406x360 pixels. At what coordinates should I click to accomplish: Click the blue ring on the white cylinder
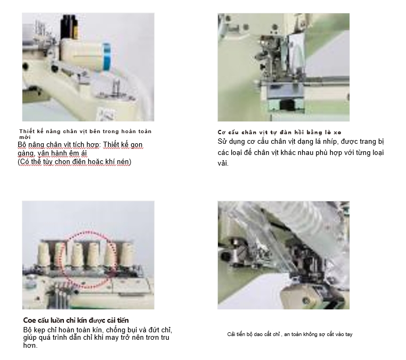pyautogui.click(x=107, y=57)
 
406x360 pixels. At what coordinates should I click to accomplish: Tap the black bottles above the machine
pyautogui.click(x=69, y=27)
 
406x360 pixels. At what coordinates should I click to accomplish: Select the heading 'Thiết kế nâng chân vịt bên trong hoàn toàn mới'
pyautogui.click(x=85, y=134)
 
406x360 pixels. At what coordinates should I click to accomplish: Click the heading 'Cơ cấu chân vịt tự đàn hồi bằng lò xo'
pyautogui.click(x=279, y=133)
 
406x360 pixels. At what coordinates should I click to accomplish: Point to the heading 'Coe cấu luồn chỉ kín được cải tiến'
pyautogui.click(x=76, y=321)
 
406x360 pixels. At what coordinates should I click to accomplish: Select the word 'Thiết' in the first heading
pyautogui.click(x=27, y=132)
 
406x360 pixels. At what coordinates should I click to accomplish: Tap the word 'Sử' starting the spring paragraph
pyautogui.click(x=222, y=142)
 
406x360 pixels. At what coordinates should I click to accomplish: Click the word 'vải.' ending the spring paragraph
pyautogui.click(x=223, y=163)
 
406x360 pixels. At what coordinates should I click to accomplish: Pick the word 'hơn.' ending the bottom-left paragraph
pyautogui.click(x=30, y=346)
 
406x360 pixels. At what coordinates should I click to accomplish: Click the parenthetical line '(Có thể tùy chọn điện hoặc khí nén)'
pyautogui.click(x=75, y=162)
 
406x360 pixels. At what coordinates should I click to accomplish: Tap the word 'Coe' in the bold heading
pyautogui.click(x=29, y=321)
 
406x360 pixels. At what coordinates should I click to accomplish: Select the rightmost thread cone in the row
pyautogui.click(x=127, y=256)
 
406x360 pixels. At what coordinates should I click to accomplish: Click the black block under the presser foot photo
pyautogui.click(x=287, y=104)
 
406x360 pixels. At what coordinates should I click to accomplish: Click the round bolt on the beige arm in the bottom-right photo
pyautogui.click(x=306, y=301)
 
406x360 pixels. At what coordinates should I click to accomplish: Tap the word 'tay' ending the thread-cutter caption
pyautogui.click(x=349, y=334)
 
